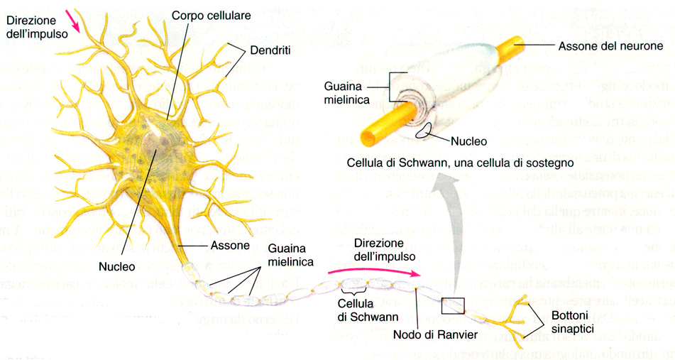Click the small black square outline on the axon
pos(451,305)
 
